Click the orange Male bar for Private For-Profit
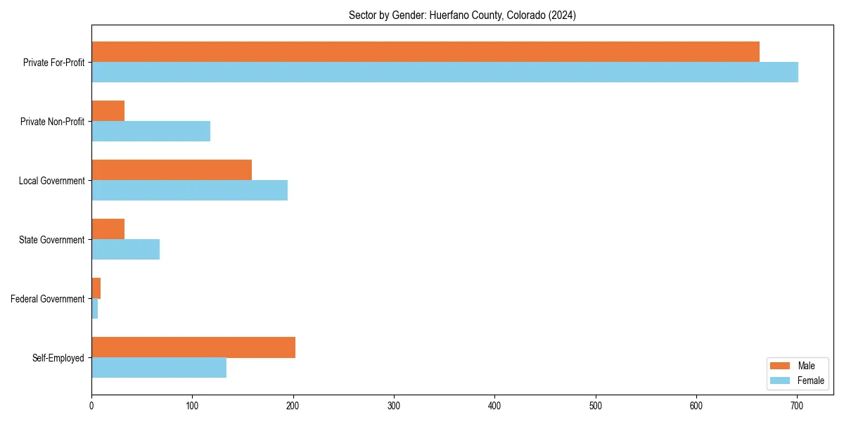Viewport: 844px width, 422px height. [426, 52]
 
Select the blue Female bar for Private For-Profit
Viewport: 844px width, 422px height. [445, 72]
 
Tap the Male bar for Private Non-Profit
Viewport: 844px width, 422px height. [108, 111]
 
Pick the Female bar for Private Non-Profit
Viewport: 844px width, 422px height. [151, 132]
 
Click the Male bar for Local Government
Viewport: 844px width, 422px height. [172, 170]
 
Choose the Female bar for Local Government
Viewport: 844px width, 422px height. [189, 191]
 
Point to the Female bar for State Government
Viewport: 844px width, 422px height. [125, 250]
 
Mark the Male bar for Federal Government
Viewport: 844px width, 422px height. [96, 288]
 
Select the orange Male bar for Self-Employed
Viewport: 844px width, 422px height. [193, 347]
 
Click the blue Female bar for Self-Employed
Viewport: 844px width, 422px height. [159, 368]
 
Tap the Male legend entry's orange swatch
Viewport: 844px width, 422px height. [781, 366]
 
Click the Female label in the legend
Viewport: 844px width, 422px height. [810, 381]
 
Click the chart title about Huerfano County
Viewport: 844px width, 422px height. [462, 15]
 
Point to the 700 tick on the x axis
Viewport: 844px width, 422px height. [797, 405]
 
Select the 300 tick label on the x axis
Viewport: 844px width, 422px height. [394, 405]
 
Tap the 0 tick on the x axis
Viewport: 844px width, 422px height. [91, 405]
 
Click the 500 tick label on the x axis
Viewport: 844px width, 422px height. [596, 405]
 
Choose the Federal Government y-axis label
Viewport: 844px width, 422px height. [48, 299]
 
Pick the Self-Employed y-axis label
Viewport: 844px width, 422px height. [58, 358]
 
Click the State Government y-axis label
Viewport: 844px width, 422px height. [52, 240]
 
